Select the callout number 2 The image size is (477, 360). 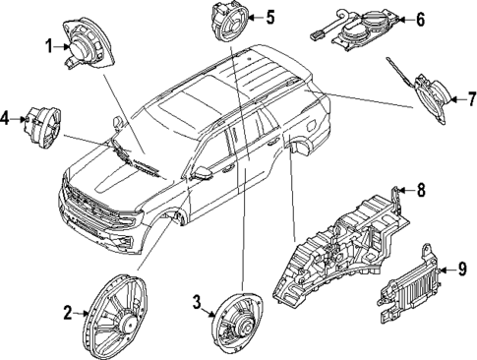coord(69,314)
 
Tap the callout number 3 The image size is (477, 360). coord(197,301)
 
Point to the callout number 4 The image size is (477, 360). coord(6,120)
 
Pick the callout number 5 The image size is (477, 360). coord(270,17)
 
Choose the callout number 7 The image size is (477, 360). coord(470,98)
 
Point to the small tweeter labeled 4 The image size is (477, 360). coord(41,123)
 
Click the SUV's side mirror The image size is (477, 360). coord(203,173)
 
